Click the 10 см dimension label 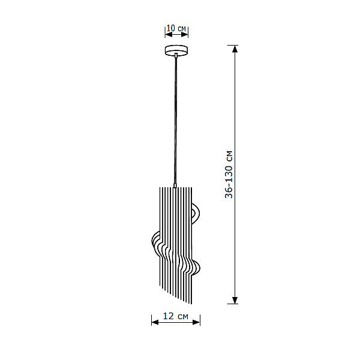click(x=176, y=28)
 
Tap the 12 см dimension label click(x=176, y=316)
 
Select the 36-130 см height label click(x=229, y=175)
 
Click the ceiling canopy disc click(x=176, y=50)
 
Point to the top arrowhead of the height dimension click(x=235, y=49)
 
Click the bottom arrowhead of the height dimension click(x=235, y=300)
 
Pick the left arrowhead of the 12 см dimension click(x=155, y=322)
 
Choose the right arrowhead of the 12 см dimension click(x=196, y=322)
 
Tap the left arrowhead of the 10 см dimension click(x=169, y=35)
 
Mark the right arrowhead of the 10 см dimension click(x=185, y=35)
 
